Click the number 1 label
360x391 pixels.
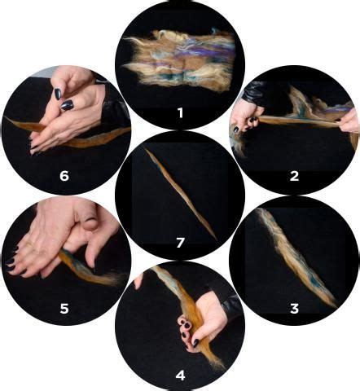[180, 112]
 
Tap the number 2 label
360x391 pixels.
[294, 176]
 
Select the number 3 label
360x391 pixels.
[294, 309]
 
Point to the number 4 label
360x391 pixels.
[180, 376]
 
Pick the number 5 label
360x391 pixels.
[64, 309]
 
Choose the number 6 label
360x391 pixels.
[64, 176]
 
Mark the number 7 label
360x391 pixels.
[180, 243]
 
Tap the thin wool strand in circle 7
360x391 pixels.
[181, 193]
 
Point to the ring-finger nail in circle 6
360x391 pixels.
[68, 105]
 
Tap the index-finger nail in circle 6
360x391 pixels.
[58, 94]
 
